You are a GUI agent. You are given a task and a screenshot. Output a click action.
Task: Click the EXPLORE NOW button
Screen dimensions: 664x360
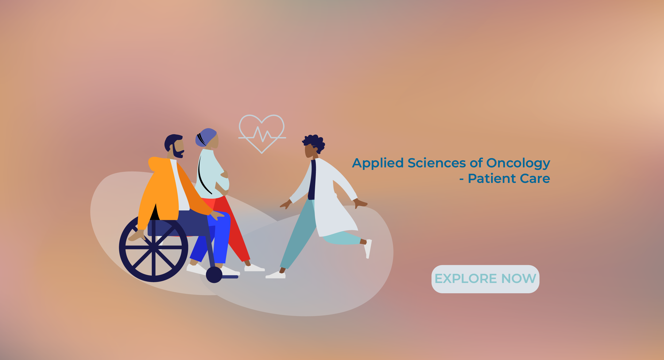coord(485,279)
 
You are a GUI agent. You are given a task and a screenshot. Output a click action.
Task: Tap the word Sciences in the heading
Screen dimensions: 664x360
coord(437,163)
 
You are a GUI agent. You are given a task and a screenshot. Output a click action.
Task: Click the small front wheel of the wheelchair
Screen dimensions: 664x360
coord(214,275)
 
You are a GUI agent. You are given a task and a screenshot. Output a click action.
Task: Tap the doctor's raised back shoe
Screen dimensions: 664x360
coord(368,249)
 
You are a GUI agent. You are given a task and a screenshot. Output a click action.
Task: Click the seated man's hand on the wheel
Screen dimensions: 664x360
coord(137,235)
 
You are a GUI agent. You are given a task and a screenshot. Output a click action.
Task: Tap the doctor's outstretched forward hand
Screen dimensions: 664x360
coord(286,204)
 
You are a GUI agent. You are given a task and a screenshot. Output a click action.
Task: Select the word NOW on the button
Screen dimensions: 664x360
coord(518,279)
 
